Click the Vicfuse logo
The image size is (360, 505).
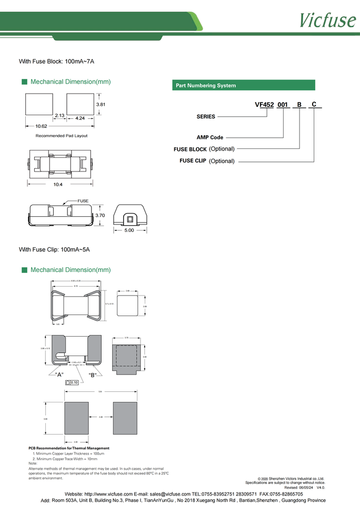[327, 19]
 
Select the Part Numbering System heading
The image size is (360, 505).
[206, 85]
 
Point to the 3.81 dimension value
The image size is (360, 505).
[101, 104]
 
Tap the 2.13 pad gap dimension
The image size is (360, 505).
[59, 115]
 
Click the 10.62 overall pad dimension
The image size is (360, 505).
[41, 126]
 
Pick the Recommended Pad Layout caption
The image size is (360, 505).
[62, 136]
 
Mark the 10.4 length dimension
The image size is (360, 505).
[58, 184]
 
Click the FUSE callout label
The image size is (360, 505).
[83, 201]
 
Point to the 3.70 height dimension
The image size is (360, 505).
[100, 215]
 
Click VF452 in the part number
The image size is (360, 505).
[264, 105]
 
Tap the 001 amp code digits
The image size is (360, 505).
[283, 105]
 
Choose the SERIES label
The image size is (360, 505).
[206, 117]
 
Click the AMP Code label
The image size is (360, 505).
[210, 137]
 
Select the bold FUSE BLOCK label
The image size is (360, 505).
[190, 149]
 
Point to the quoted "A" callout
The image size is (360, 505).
[59, 374]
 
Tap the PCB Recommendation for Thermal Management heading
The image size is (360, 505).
[69, 448]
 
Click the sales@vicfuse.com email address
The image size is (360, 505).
[170, 494]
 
